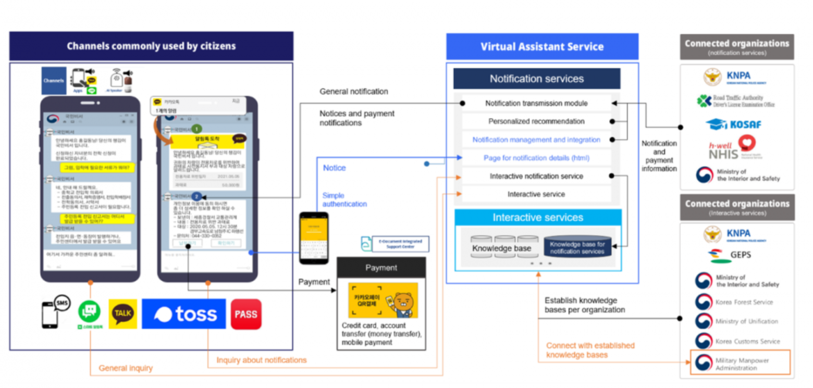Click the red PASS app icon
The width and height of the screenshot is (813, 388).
point(246,314)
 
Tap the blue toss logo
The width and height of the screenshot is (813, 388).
point(183,314)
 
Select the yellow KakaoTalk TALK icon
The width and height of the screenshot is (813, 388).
point(123,314)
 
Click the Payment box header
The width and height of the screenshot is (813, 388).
point(381,268)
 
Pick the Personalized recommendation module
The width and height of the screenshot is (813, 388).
point(536,121)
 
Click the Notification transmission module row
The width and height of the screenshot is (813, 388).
point(536,103)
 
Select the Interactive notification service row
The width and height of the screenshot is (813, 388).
point(536,176)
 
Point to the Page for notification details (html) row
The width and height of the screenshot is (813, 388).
point(536,158)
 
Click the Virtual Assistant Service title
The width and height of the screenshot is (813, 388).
point(542,47)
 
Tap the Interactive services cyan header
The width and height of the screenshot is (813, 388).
point(537,217)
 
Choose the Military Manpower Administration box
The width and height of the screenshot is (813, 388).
point(740,364)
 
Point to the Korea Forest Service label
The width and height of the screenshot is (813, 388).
point(744,302)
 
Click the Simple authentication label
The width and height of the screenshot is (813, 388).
point(343,199)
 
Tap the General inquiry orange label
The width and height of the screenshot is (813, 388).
point(126,368)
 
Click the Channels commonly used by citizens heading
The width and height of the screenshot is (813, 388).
point(151,46)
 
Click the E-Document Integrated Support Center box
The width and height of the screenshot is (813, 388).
point(395,244)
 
